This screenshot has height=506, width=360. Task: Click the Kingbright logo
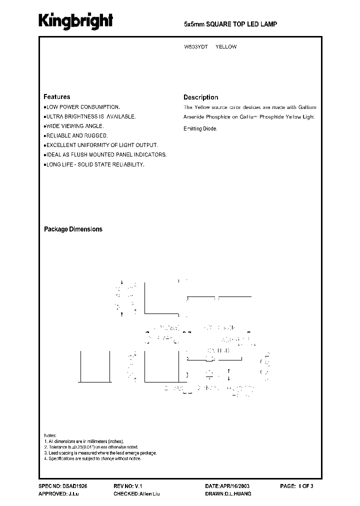76,21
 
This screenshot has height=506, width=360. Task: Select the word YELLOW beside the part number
226,46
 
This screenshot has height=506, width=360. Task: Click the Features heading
57,97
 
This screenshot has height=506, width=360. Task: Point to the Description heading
200,97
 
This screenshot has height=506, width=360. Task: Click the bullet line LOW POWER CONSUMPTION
82,107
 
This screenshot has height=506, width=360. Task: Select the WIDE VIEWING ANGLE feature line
74,126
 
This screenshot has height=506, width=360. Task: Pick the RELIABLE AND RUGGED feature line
76,135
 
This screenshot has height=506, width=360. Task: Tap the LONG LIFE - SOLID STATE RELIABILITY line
95,164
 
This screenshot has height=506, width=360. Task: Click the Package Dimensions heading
73,229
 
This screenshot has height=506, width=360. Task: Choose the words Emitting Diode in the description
200,128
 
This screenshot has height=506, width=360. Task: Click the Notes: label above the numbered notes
50,435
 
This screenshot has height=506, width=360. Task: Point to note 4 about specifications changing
93,458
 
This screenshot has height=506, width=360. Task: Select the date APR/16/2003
237,486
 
